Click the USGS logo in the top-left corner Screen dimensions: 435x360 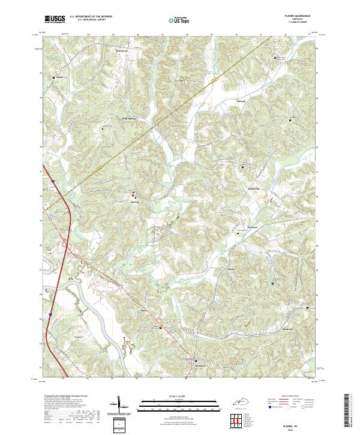coord(54,19)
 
